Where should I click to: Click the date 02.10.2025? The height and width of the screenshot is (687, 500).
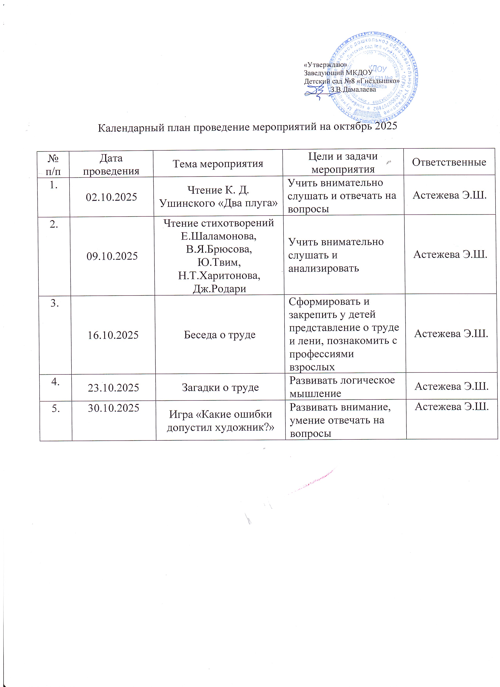pos(111,197)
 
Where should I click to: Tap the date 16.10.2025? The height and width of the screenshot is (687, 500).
pos(113,335)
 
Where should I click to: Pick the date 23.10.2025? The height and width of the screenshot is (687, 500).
pos(113,388)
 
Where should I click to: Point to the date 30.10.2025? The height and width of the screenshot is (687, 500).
pos(113,408)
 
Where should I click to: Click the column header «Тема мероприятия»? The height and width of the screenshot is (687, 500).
pos(218,164)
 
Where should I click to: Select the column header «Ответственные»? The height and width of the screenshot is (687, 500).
pos(449,162)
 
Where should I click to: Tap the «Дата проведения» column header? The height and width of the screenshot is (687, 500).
pos(111,165)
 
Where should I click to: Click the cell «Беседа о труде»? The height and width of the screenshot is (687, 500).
pos(220,335)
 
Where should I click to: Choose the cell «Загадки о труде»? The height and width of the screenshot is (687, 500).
pos(220,387)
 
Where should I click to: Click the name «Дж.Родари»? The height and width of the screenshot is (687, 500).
pos(219,289)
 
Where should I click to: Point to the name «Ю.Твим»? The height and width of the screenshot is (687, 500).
pos(219,262)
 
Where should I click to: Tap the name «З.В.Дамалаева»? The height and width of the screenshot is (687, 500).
pos(353,89)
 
